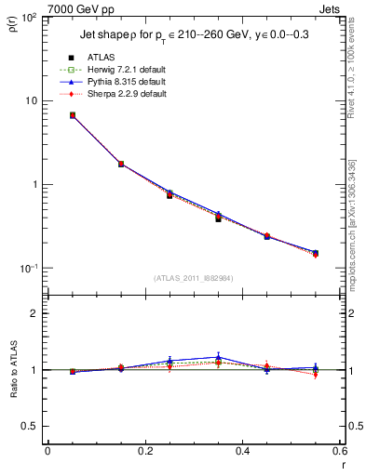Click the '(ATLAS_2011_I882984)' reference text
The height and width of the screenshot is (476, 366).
tap(194, 278)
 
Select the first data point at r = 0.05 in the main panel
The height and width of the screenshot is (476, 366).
tap(72, 115)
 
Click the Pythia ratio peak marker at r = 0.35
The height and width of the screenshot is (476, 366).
tap(218, 357)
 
